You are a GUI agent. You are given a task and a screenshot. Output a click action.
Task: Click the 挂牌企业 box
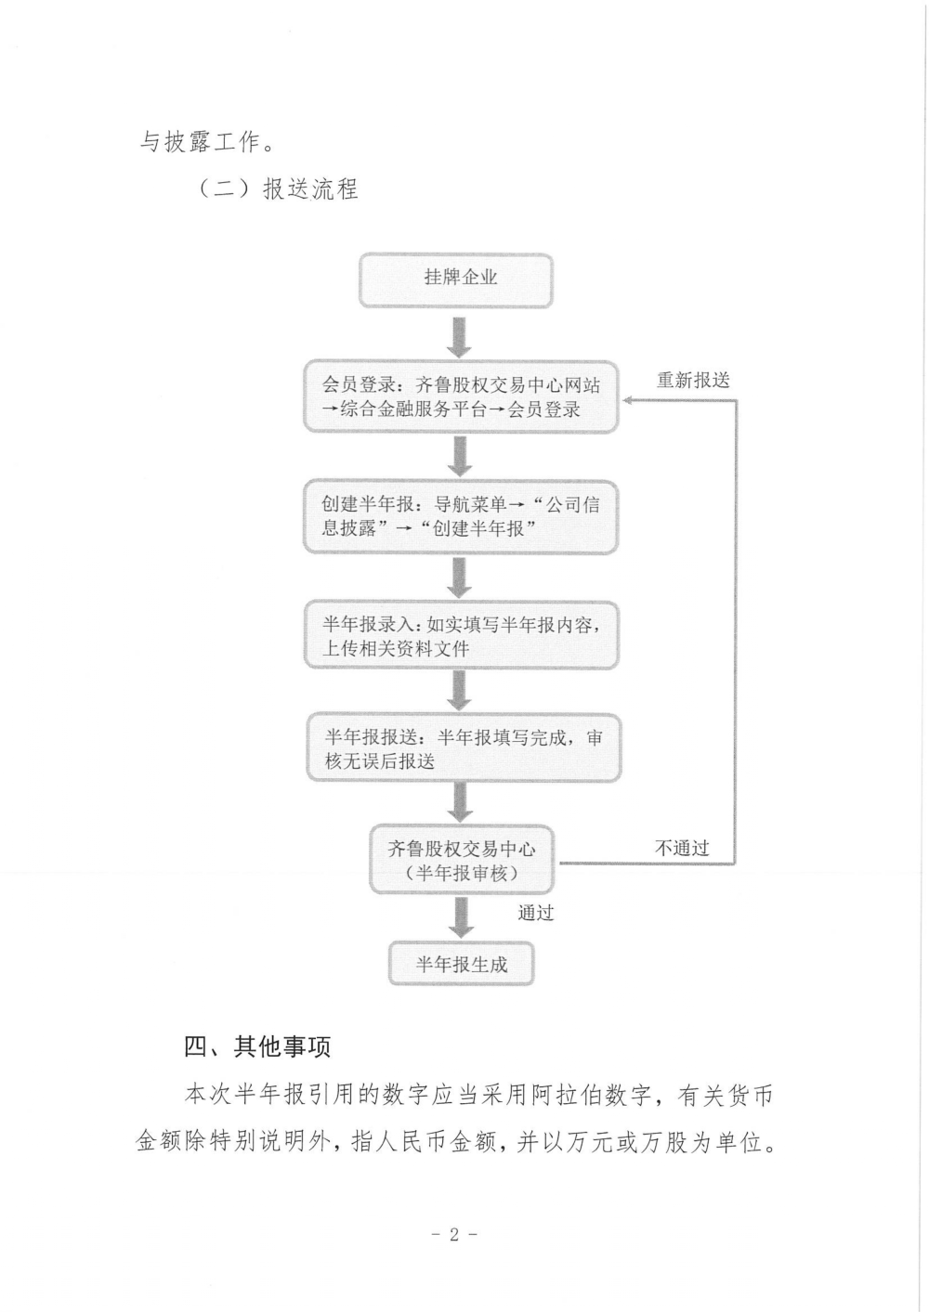(455, 280)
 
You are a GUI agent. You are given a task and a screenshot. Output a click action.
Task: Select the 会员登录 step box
(461, 396)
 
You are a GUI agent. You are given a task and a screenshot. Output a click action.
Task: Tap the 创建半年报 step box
(461, 516)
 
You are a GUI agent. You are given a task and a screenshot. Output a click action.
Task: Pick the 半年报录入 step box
(461, 635)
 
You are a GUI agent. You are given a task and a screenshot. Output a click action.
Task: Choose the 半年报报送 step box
(463, 747)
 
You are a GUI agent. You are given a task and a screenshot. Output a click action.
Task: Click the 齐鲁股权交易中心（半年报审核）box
(462, 860)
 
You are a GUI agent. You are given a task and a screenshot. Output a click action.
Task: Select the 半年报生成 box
(462, 965)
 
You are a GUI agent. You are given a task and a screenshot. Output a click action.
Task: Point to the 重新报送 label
(693, 381)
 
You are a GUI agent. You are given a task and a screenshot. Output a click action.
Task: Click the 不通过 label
(682, 848)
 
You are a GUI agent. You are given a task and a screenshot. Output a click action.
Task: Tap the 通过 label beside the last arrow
(536, 913)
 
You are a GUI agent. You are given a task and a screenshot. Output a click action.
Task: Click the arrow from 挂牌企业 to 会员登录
(459, 337)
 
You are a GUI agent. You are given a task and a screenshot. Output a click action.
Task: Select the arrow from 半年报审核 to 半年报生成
(461, 917)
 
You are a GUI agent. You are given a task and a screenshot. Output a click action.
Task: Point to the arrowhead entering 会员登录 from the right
(626, 400)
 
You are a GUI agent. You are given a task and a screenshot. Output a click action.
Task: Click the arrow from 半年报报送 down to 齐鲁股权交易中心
(460, 802)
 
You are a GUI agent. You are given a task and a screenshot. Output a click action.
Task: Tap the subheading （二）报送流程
(276, 189)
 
